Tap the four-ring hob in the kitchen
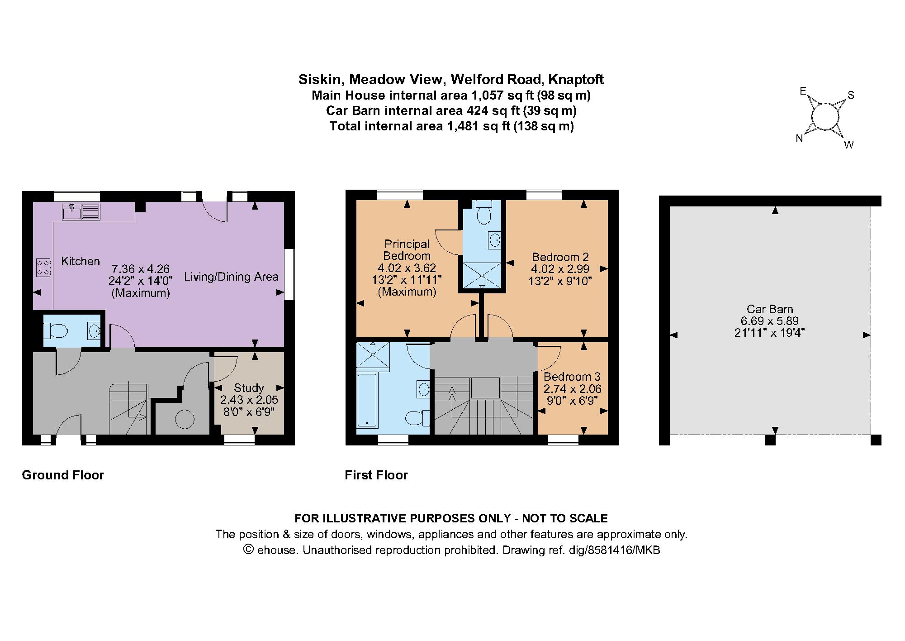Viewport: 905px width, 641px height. tap(43, 267)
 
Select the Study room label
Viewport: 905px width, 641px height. tap(249, 388)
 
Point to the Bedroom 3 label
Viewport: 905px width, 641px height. tap(572, 377)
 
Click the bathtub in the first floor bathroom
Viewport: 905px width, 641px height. tap(367, 400)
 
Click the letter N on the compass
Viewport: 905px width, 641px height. tap(799, 139)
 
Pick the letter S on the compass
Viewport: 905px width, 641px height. tap(851, 95)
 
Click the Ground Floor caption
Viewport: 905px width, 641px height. tap(63, 475)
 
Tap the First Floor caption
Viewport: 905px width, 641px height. tap(376, 475)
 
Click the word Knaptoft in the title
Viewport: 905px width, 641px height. tap(576, 80)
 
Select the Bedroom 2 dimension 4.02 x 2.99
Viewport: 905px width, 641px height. tap(560, 269)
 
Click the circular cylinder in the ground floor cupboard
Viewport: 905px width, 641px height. tap(185, 419)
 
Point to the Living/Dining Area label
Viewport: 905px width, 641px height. tap(231, 277)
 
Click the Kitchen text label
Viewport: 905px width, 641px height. tap(81, 261)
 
